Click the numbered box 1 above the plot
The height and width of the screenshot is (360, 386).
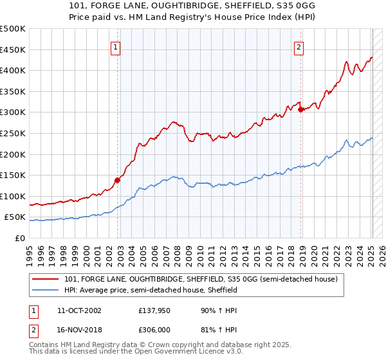coord(115,46)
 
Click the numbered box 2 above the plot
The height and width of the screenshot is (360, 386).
coord(299,46)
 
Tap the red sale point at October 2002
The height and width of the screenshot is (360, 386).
coord(118,180)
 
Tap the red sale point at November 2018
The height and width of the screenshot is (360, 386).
coord(301,109)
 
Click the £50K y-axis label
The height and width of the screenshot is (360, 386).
coord(15,217)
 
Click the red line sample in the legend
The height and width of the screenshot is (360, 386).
coord(46,279)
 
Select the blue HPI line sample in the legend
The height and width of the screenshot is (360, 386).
coord(46,290)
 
